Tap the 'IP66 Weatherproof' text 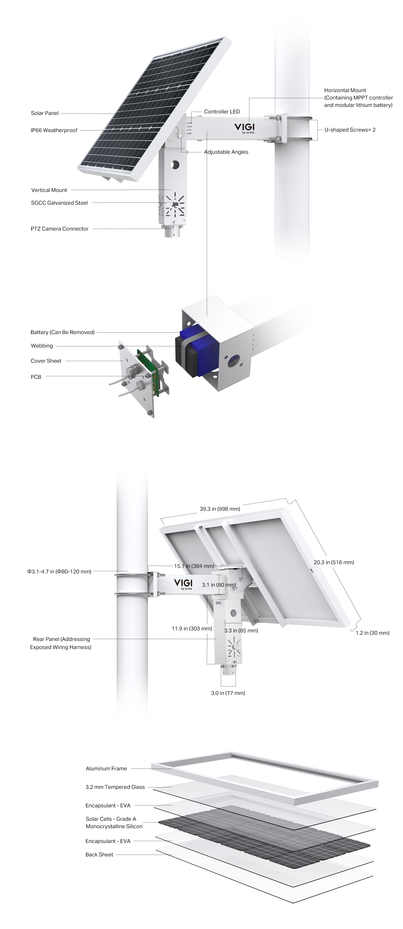[54, 130]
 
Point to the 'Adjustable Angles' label [226, 152]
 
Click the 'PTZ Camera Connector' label [59, 229]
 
